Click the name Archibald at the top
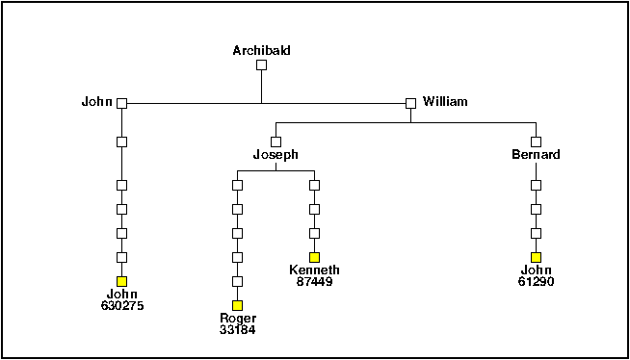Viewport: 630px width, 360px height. pos(261,50)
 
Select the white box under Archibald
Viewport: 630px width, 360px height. pos(261,65)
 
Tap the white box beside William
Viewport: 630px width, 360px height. pos(410,103)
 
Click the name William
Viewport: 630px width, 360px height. pos(445,101)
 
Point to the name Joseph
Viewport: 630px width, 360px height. pos(276,154)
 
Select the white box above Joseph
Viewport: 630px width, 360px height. pos(276,141)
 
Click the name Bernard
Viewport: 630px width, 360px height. pos(536,154)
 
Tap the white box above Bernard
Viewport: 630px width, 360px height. pos(536,141)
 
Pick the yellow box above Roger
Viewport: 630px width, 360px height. pos(237,305)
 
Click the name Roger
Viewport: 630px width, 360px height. pos(237,319)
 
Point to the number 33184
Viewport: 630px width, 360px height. pos(237,330)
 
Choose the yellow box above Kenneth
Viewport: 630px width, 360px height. pos(314,257)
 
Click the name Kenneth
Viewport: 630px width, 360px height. pos(314,270)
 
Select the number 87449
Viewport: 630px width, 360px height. pos(314,281)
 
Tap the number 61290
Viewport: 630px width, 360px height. pos(536,281)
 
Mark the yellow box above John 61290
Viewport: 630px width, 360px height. pos(536,257)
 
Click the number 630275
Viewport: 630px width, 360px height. pos(121,305)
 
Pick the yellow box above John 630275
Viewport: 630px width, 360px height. pos(121,281)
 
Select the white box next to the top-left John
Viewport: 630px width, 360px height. pos(121,103)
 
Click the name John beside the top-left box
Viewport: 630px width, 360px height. pos(97,101)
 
